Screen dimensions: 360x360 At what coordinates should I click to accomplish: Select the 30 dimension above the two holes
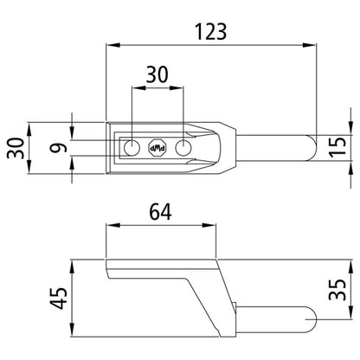tap(157, 75)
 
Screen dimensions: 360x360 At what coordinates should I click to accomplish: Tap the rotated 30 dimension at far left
tap(13, 149)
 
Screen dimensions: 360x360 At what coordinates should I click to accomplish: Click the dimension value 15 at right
tap(340, 147)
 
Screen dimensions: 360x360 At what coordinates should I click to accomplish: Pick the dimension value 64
tap(160, 211)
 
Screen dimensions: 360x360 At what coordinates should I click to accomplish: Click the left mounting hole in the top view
tap(132, 148)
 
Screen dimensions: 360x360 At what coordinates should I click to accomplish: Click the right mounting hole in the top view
tap(183, 148)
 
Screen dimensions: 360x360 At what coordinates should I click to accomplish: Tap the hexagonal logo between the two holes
tap(157, 148)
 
